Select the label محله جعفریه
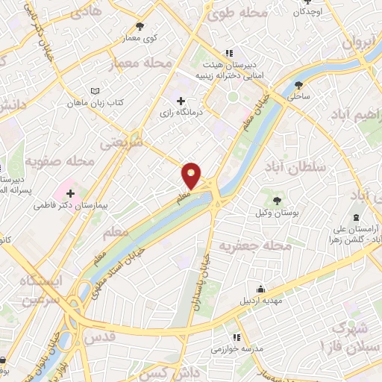[x=260, y=246]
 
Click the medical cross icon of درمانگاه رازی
[x=180, y=100]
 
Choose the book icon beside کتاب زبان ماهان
[x=94, y=91]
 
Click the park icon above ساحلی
[x=299, y=84]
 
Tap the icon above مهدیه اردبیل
[x=260, y=289]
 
